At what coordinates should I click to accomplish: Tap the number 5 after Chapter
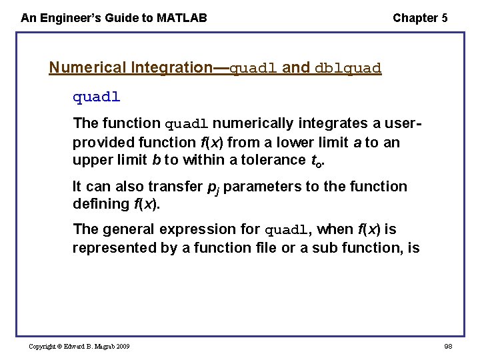tap(444, 18)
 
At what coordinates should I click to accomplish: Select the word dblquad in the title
tap(347, 68)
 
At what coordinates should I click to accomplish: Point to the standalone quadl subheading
tap(96, 97)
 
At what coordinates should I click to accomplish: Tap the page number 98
tap(447, 346)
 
